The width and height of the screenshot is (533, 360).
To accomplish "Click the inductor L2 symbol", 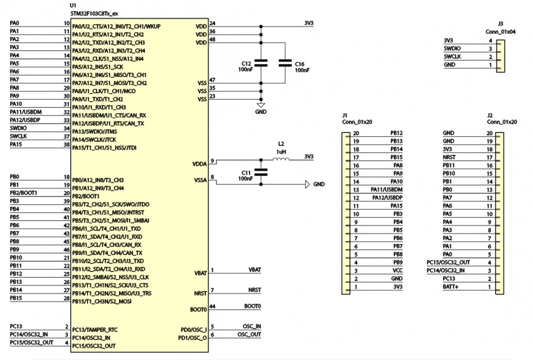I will pyautogui.click(x=281, y=160).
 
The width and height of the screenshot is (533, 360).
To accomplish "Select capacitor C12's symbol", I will pyautogui.click(x=261, y=63).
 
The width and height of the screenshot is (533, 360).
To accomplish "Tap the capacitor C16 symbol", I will pyautogui.click(x=286, y=63).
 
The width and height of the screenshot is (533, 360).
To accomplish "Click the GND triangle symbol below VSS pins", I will pyautogui.click(x=261, y=105).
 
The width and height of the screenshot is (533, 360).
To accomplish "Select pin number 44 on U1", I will pyautogui.click(x=212, y=306).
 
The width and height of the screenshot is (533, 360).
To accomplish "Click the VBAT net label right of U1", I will pyautogui.click(x=255, y=270).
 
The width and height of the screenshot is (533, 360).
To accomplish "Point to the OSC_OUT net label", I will pyautogui.click(x=251, y=335).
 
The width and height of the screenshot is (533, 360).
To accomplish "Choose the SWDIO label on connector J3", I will pyautogui.click(x=453, y=48).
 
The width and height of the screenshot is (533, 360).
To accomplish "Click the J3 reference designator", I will pyautogui.click(x=500, y=24).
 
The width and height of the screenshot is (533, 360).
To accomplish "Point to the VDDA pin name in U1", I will pyautogui.click(x=199, y=164).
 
